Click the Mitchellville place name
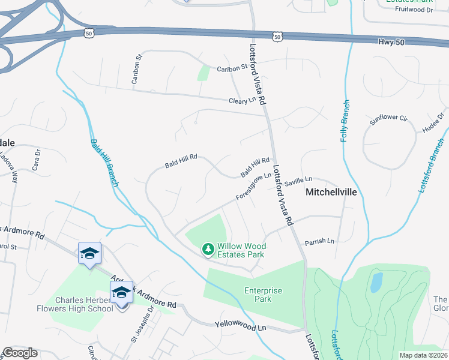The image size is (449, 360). [x=339, y=193]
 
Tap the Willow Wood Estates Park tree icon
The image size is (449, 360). [x=208, y=249]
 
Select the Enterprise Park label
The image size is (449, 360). [x=263, y=294]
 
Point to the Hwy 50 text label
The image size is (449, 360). [x=392, y=41]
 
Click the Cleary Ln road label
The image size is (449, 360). [x=243, y=101]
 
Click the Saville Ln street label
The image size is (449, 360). [x=298, y=179]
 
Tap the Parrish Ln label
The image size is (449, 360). [x=319, y=241]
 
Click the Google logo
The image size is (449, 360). [x=20, y=353]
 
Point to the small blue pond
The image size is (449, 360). [x=376, y=281]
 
